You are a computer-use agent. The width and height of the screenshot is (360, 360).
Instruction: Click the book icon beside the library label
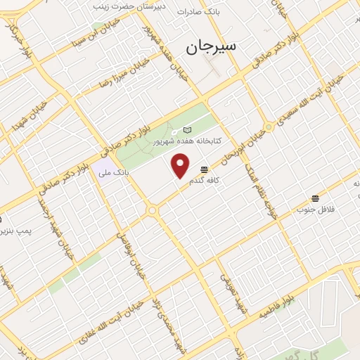[x=187, y=130]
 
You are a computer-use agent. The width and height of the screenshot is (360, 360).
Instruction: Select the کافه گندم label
[x=205, y=181]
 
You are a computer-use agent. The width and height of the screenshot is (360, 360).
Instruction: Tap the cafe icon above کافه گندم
[x=204, y=169]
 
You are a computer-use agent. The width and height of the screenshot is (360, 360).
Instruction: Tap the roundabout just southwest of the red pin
[x=151, y=210]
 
